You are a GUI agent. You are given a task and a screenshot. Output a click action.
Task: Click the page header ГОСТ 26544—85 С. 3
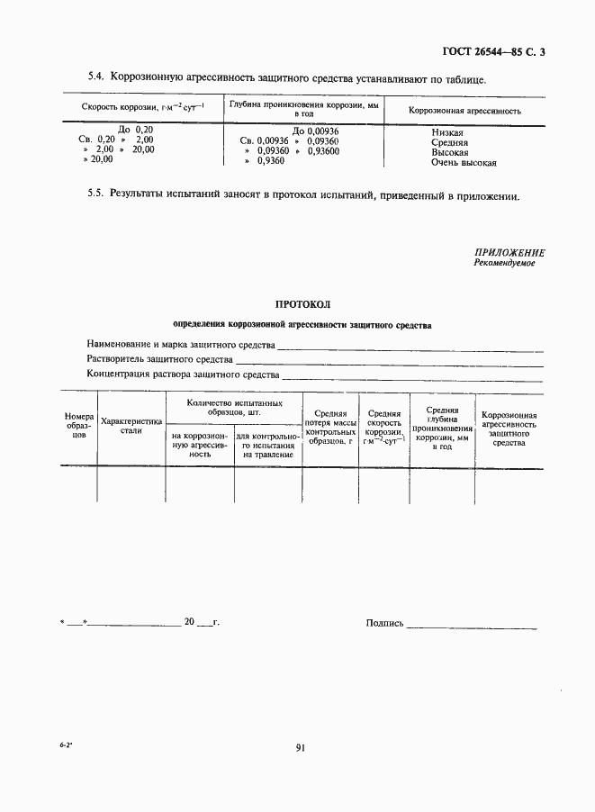(x=494, y=51)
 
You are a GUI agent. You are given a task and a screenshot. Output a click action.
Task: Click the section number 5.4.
(x=97, y=79)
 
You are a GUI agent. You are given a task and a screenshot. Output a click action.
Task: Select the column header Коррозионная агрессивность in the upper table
(x=464, y=111)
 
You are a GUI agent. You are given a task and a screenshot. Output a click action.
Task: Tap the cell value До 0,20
(x=136, y=130)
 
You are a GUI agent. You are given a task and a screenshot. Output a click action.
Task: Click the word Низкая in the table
(x=447, y=132)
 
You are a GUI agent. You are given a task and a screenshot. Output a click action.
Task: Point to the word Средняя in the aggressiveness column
(x=449, y=142)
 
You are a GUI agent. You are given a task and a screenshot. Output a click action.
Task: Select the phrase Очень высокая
(x=464, y=163)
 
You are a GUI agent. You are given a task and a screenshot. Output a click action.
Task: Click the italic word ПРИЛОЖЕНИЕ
(x=509, y=253)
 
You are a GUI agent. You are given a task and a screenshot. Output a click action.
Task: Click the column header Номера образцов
(x=79, y=425)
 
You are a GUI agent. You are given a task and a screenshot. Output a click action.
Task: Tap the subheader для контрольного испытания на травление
(x=267, y=445)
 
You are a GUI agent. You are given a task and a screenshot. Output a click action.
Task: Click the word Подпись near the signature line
(x=384, y=622)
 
